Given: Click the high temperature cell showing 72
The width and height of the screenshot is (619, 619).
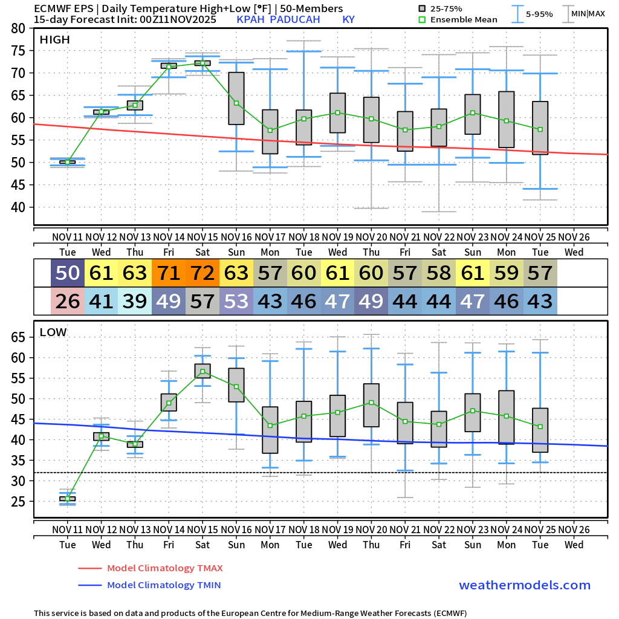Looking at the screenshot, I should click(x=203, y=273).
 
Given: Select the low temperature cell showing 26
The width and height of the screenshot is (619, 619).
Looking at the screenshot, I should click(x=68, y=300).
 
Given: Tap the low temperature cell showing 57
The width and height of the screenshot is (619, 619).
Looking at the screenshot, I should click(x=203, y=300).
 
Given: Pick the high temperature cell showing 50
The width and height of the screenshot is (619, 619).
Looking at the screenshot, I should click(x=68, y=273).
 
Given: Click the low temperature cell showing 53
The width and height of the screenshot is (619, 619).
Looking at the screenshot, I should click(x=236, y=300).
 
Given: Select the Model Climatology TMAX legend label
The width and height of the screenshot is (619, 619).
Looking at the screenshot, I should click(x=164, y=568).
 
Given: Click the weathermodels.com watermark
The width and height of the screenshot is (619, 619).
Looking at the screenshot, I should click(x=525, y=585).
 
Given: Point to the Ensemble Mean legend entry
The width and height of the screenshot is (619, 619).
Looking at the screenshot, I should click(x=464, y=19).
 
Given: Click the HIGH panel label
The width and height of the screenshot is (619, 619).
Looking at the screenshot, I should click(x=55, y=40).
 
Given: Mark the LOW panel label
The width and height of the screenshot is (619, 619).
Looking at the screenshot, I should click(x=53, y=332).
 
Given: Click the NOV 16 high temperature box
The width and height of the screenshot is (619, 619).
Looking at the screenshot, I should click(x=236, y=98).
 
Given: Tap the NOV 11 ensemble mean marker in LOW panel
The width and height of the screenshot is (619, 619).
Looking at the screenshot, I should click(x=68, y=499).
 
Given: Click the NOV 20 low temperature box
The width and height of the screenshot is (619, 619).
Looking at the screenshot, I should click(x=371, y=405).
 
